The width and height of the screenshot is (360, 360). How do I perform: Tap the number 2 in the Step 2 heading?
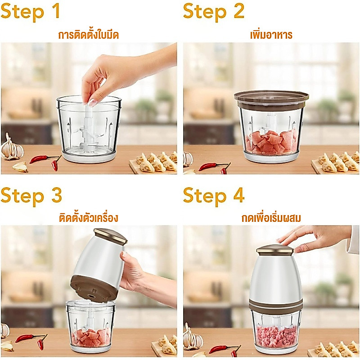(239, 11)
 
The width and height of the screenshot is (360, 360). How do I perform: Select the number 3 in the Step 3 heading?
(57, 195)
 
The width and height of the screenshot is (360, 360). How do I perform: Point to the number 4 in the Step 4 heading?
(239, 195)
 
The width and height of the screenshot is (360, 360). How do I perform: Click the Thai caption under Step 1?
(88, 35)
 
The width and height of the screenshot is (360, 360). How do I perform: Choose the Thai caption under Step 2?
(271, 35)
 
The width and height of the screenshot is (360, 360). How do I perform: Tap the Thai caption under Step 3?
(88, 217)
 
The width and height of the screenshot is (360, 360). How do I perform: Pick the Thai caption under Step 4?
(271, 217)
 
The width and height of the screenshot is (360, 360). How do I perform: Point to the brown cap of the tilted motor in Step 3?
(110, 236)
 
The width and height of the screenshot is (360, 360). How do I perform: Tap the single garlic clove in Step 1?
(20, 167)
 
